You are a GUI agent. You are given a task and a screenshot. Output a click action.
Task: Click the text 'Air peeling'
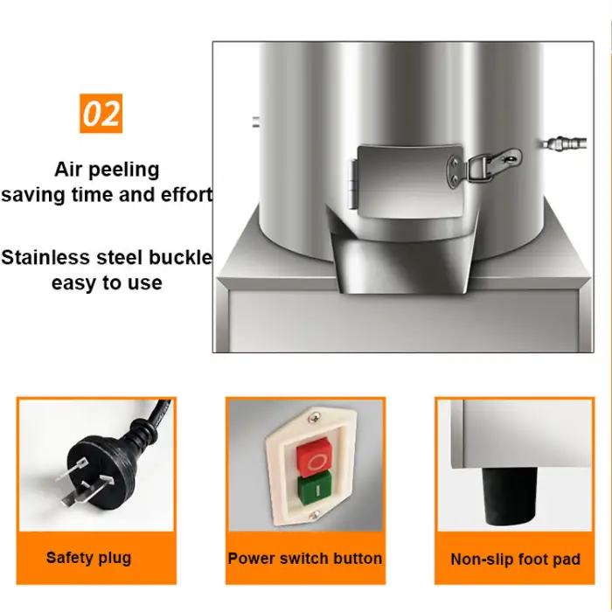click(x=107, y=169)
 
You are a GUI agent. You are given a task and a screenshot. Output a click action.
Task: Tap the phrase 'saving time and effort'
click(x=107, y=194)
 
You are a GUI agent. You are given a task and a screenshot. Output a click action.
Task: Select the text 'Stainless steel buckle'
click(x=107, y=258)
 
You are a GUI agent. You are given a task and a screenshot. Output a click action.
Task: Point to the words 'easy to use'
click(x=107, y=283)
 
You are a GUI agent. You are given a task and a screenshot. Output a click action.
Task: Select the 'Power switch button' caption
click(x=305, y=558)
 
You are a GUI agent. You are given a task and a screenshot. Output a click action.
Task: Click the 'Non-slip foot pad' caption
click(x=515, y=559)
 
